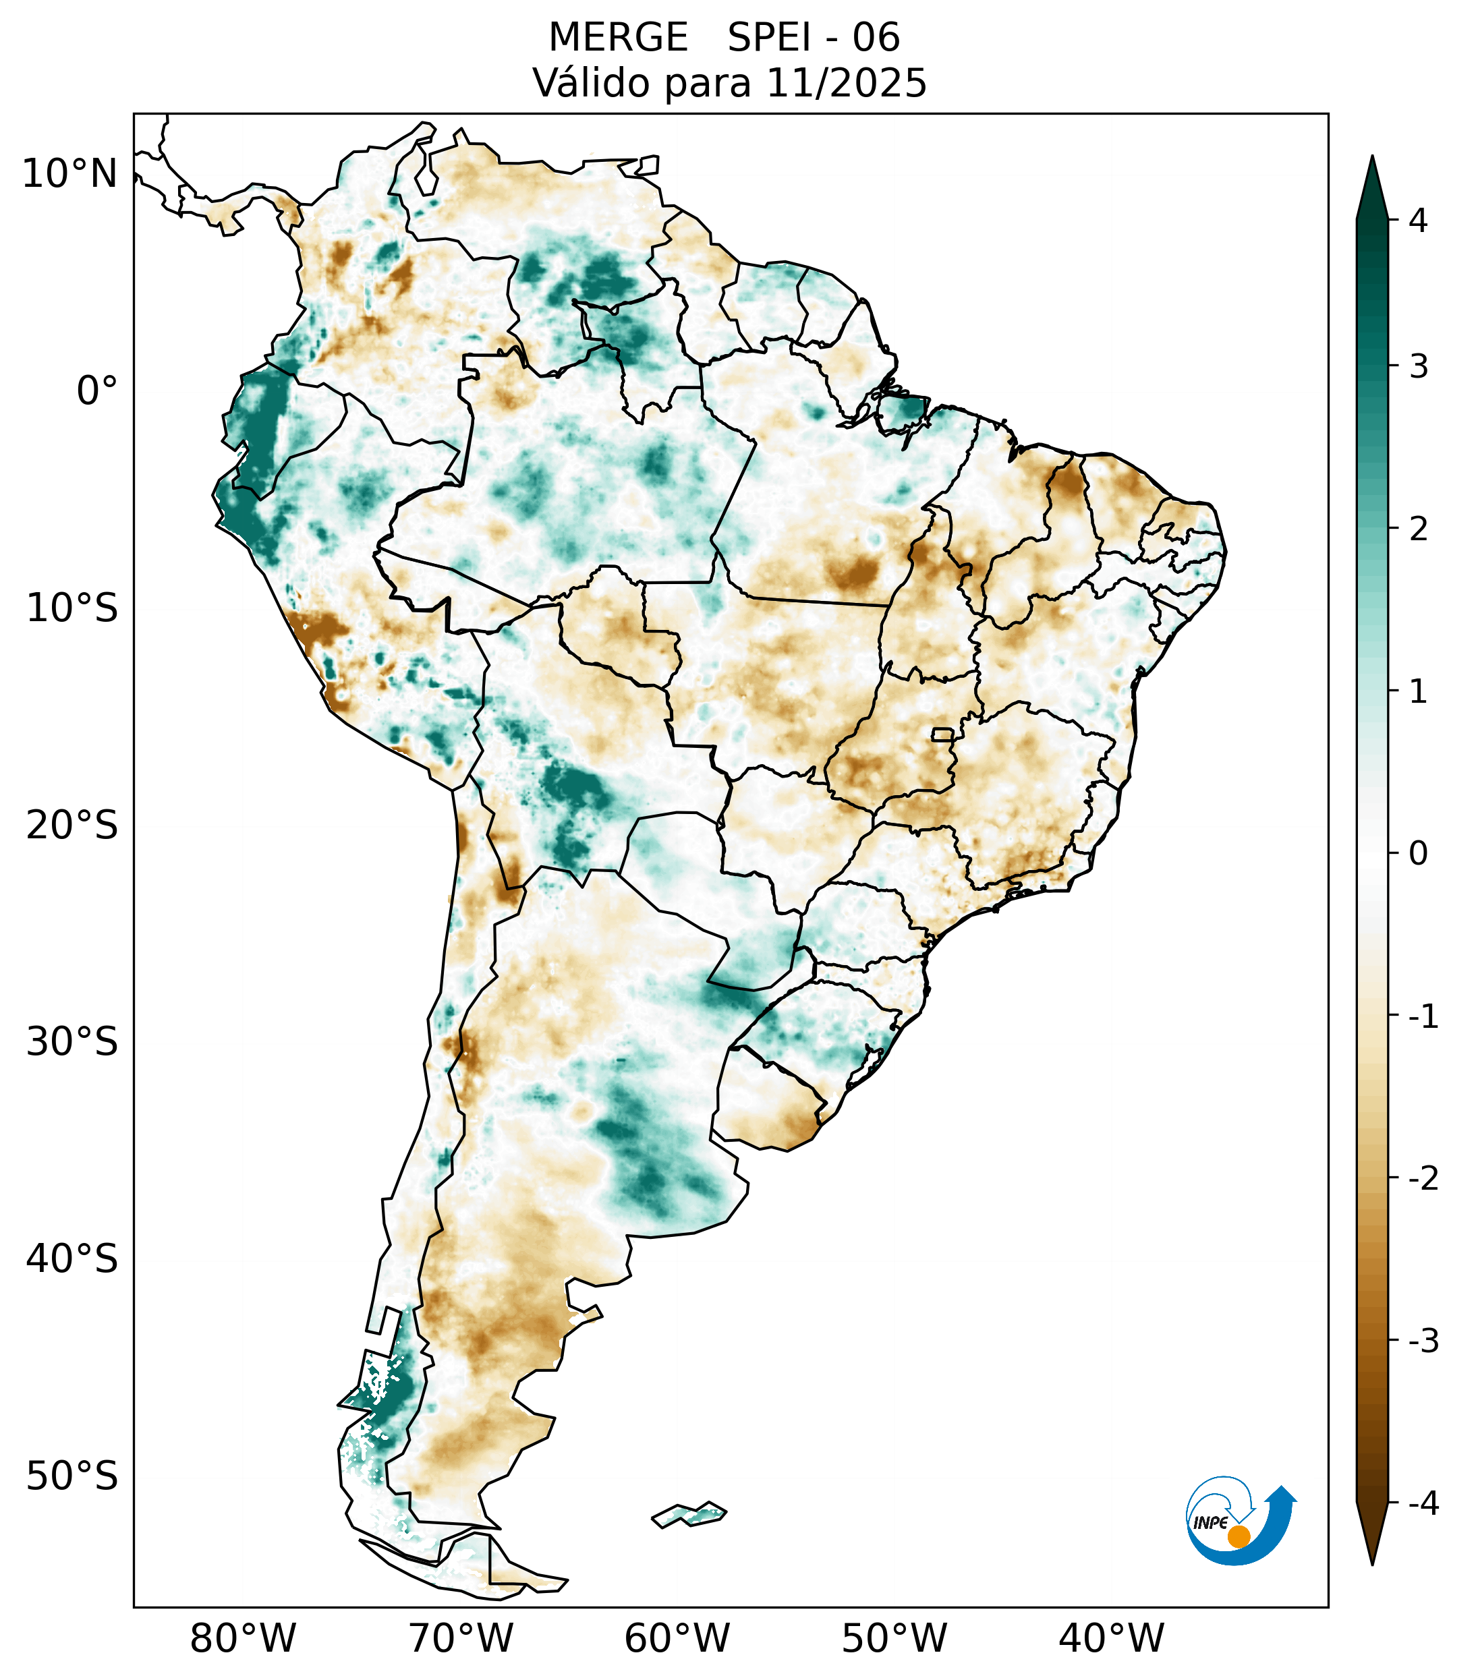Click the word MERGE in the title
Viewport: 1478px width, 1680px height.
point(618,38)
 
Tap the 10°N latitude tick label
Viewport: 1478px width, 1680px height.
point(70,174)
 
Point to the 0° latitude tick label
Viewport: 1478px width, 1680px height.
point(97,391)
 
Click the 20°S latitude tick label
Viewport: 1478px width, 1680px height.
point(72,825)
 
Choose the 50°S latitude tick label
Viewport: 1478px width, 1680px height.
point(72,1476)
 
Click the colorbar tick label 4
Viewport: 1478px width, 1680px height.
point(1418,221)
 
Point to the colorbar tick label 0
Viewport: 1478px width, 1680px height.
point(1418,854)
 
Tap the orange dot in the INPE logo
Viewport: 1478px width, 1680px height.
point(1239,1536)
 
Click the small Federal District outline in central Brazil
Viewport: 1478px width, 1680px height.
point(943,733)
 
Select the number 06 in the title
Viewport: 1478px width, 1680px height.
point(876,38)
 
